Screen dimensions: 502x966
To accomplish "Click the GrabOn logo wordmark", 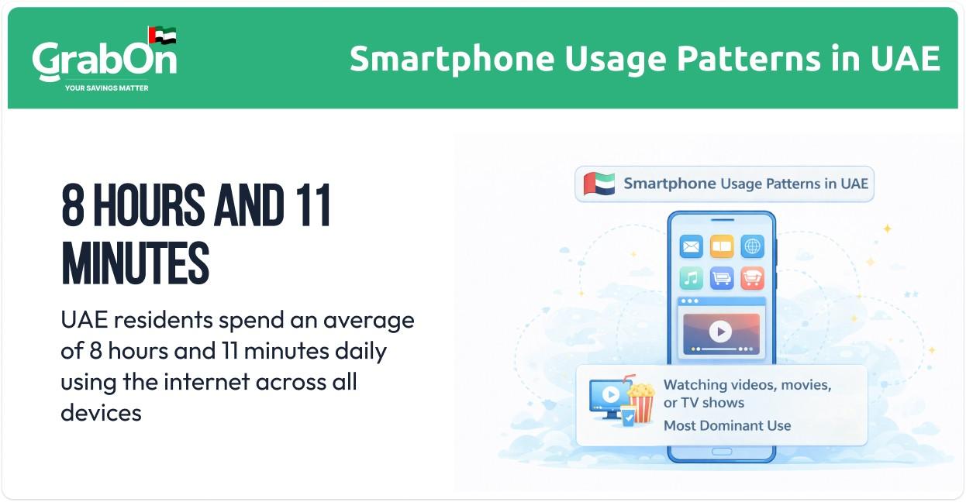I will click(x=104, y=60).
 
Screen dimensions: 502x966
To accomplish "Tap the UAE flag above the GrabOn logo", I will click(x=162, y=36).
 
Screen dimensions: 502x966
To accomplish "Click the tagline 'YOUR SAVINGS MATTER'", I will click(x=106, y=88).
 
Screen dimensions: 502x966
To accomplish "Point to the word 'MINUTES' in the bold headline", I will click(x=135, y=264).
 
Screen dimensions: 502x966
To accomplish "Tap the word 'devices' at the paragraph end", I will click(x=101, y=412).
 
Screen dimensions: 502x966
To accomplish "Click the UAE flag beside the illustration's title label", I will click(x=599, y=184).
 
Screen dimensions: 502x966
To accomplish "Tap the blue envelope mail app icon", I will click(x=691, y=247).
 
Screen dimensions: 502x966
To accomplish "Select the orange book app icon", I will click(x=722, y=247).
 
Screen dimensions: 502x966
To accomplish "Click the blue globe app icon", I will click(x=752, y=247).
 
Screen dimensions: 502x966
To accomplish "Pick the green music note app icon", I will click(x=691, y=277).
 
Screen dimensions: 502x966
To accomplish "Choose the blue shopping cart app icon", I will click(x=722, y=277).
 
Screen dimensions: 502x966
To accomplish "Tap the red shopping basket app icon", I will click(x=752, y=277).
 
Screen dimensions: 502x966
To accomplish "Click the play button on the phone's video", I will click(x=720, y=332).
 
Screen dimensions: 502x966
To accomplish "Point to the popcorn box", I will click(x=640, y=401).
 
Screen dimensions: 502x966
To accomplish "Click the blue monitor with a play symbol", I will click(x=609, y=396).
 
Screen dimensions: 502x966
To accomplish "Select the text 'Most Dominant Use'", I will click(x=727, y=425).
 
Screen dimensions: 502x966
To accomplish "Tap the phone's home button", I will click(x=722, y=452).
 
